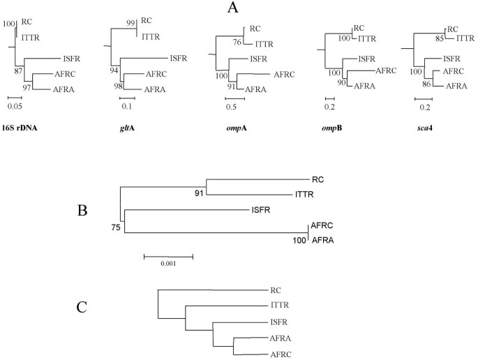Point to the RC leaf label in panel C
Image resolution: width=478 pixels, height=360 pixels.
click(274, 289)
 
